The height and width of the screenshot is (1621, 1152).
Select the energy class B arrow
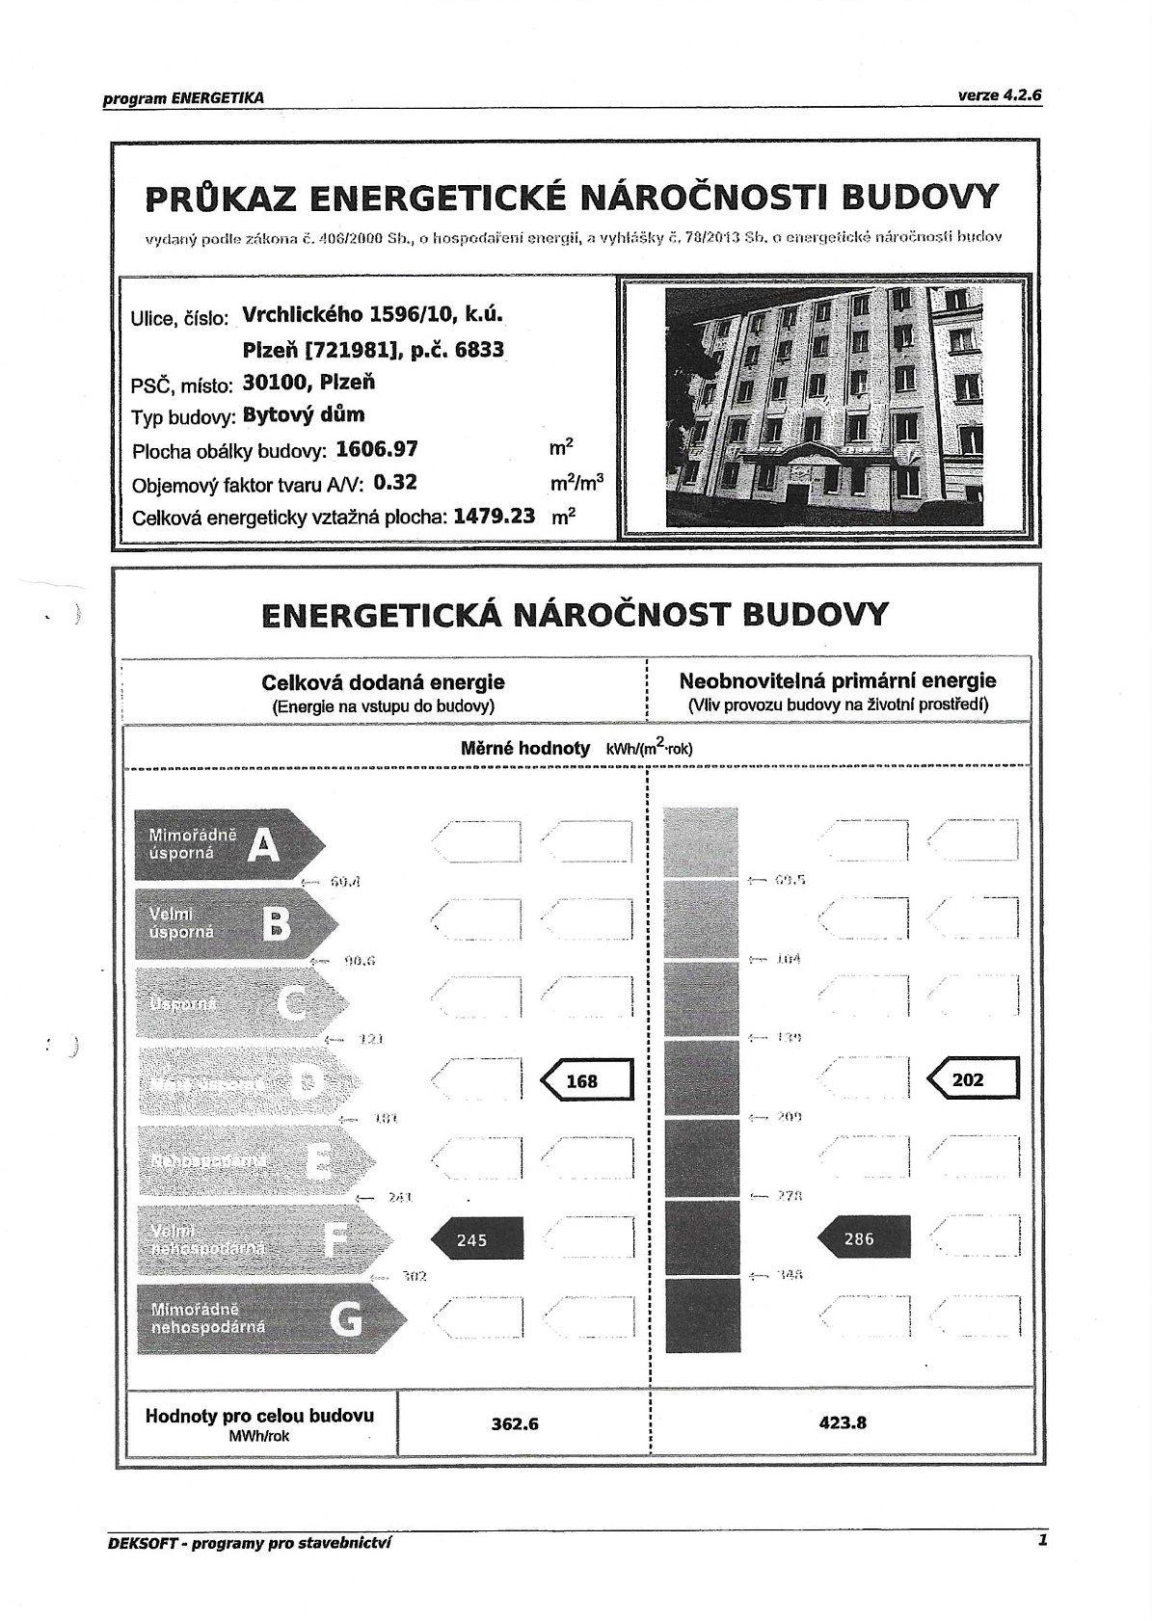(x=235, y=923)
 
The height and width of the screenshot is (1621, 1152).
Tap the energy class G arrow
(x=266, y=1318)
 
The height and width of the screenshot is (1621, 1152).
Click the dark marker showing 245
(x=476, y=1239)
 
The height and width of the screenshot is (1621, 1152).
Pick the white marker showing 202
(x=972, y=1079)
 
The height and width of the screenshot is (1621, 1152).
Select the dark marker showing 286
(x=863, y=1238)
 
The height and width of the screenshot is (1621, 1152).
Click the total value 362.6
(x=515, y=1422)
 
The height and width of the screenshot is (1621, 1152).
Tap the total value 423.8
(x=843, y=1422)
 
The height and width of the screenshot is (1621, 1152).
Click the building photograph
(x=825, y=409)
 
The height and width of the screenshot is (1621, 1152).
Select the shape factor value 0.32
(x=395, y=482)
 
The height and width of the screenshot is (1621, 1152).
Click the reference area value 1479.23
(x=494, y=516)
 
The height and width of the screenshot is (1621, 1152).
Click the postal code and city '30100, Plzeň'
(x=309, y=383)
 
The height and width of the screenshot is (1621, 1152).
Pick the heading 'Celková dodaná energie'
(x=383, y=682)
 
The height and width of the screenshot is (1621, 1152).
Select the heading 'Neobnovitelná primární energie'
(x=838, y=680)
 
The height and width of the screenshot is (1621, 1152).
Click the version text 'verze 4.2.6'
(x=1000, y=95)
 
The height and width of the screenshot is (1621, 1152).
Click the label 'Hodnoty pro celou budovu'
(x=258, y=1416)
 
